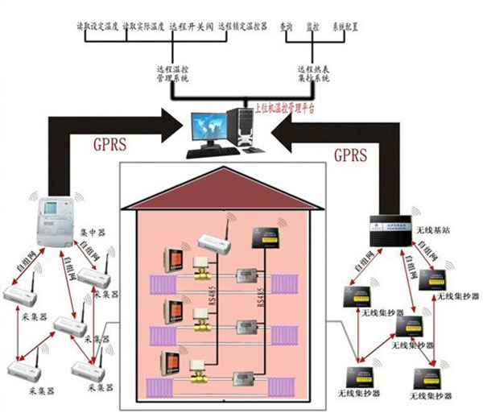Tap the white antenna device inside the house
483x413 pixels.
(215, 241)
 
